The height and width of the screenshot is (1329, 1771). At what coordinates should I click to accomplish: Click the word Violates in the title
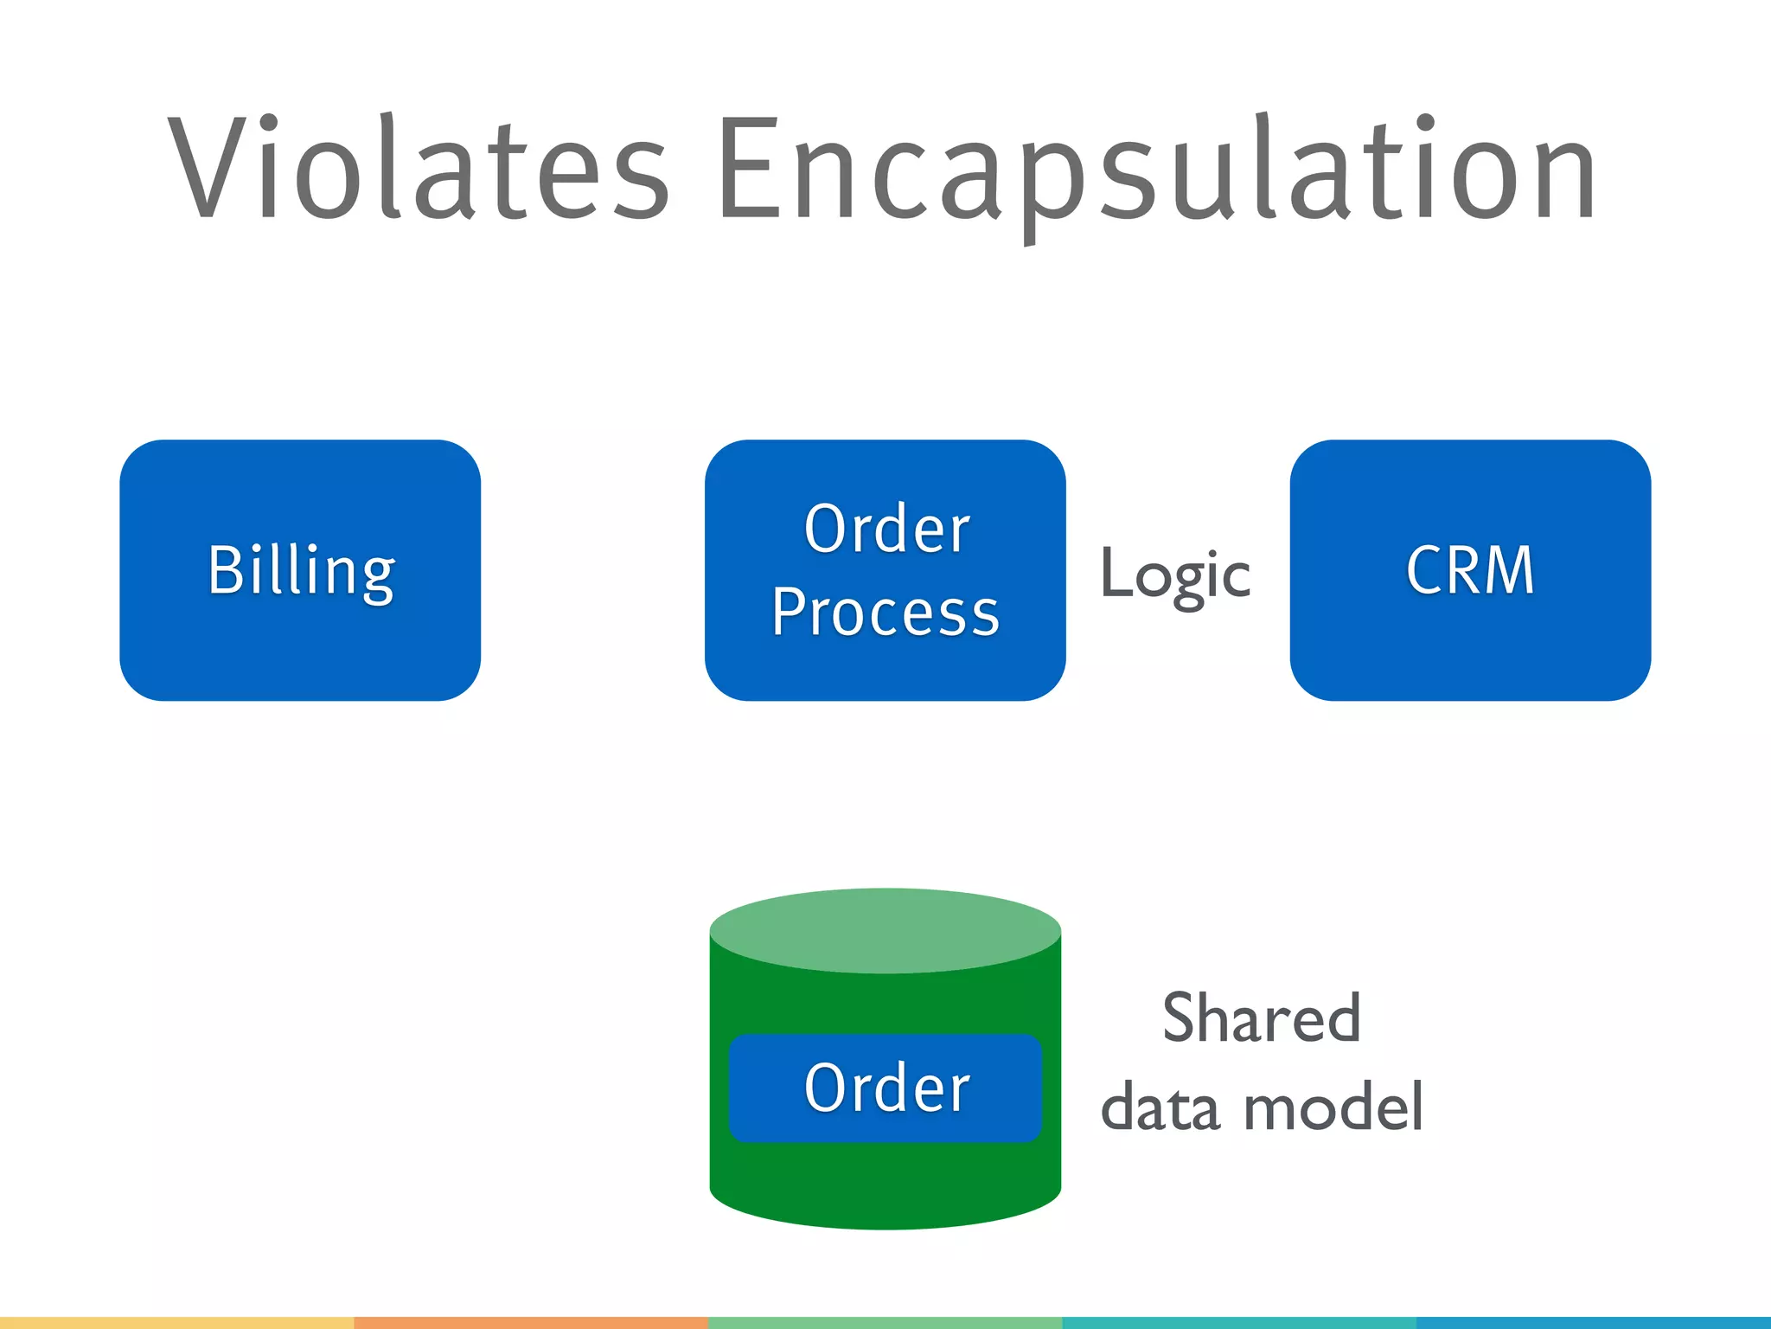[x=419, y=169]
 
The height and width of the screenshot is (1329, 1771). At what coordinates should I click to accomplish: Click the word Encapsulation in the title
[x=1155, y=169]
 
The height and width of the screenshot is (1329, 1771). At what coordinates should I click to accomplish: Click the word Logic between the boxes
[x=1175, y=575]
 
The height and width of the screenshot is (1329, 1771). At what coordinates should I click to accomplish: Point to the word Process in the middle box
[x=885, y=613]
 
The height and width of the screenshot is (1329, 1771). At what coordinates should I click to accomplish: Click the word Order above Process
[x=886, y=530]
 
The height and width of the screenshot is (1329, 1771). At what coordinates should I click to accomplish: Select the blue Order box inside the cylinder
[x=885, y=1088]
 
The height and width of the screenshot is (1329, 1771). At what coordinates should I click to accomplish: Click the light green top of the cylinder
[x=885, y=931]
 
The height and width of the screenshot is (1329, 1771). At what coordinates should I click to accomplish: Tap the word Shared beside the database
[x=1262, y=1018]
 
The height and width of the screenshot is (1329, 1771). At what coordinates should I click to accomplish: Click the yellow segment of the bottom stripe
[x=176, y=1323]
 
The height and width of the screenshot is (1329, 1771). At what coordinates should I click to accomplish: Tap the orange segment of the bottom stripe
[x=531, y=1323]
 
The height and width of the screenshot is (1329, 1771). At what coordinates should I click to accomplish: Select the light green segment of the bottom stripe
[x=885, y=1323]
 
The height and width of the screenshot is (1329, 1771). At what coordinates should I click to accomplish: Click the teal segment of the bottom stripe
[x=1238, y=1323]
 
